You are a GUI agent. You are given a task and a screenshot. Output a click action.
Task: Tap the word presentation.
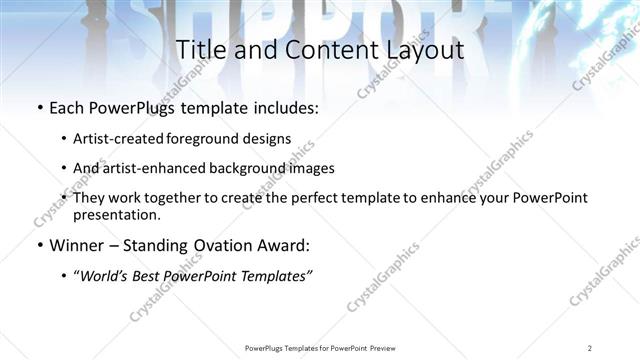click(116, 214)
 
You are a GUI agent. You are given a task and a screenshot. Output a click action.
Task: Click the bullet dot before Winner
click(39, 246)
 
